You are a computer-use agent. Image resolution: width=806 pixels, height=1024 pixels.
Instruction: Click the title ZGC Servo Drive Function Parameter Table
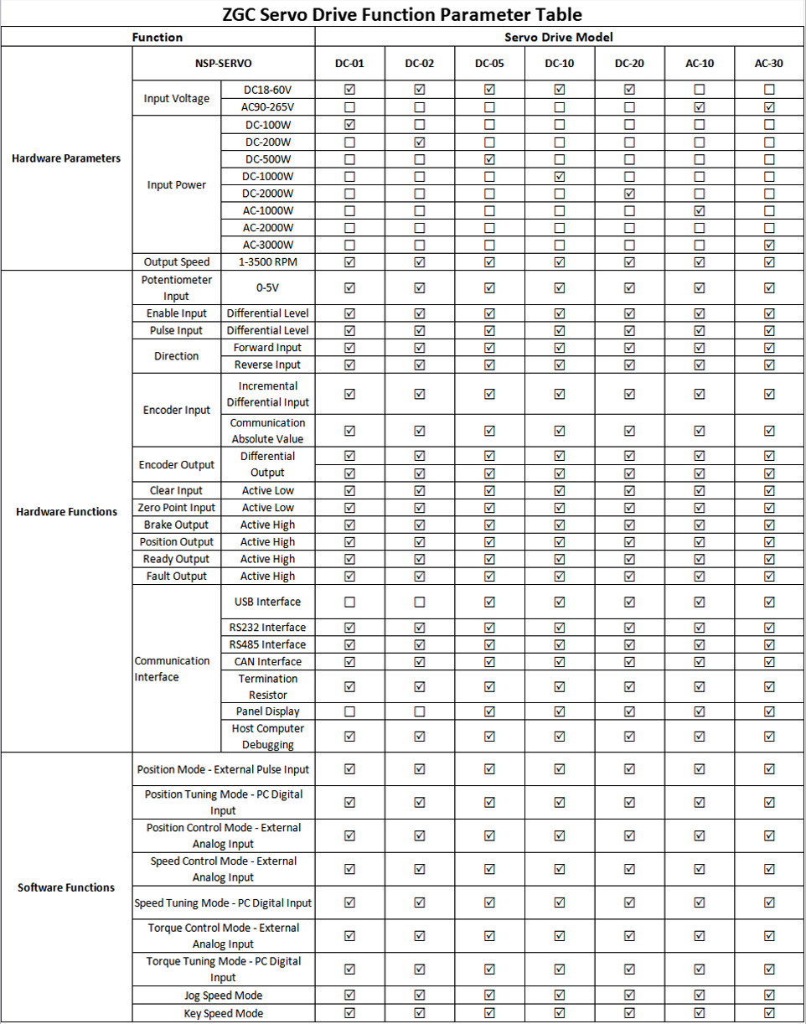pyautogui.click(x=402, y=14)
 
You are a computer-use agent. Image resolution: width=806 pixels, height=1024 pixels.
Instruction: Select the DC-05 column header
pyautogui.click(x=489, y=64)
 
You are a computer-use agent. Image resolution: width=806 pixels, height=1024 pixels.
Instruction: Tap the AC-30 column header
pyautogui.click(x=768, y=64)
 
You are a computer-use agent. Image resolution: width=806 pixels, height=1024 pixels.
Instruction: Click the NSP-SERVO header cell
pyautogui.click(x=223, y=64)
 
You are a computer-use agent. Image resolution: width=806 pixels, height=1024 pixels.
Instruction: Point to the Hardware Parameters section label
pyautogui.click(x=66, y=158)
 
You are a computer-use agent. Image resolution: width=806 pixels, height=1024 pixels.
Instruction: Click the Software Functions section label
pyautogui.click(x=66, y=887)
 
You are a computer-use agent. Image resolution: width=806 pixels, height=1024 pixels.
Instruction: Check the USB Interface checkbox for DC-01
pyautogui.click(x=349, y=602)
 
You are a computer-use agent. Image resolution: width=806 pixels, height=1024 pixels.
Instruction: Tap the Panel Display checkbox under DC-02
pyautogui.click(x=420, y=711)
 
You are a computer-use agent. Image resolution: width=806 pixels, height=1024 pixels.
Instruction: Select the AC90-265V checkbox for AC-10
pyautogui.click(x=699, y=107)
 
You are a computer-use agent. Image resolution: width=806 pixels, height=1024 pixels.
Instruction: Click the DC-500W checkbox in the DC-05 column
pyautogui.click(x=489, y=159)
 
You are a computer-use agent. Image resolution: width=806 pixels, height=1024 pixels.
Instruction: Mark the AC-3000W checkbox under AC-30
pyautogui.click(x=769, y=245)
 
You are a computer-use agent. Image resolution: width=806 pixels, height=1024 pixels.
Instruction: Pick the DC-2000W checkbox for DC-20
pyautogui.click(x=629, y=194)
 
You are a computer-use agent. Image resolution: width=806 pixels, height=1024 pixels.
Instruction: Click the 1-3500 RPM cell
pyautogui.click(x=267, y=262)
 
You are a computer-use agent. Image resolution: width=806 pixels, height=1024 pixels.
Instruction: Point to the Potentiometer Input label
pyautogui.click(x=176, y=287)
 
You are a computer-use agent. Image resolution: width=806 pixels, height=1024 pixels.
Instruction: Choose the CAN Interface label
pyautogui.click(x=267, y=662)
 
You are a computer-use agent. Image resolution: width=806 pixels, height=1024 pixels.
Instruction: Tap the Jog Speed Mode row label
pyautogui.click(x=223, y=996)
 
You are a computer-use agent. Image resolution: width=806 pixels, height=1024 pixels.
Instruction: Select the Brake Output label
pyautogui.click(x=176, y=525)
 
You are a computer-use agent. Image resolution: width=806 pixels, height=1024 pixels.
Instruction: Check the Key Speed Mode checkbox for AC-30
pyautogui.click(x=769, y=1013)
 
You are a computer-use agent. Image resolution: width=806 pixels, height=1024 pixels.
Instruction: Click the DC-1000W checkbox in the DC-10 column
pyautogui.click(x=559, y=176)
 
